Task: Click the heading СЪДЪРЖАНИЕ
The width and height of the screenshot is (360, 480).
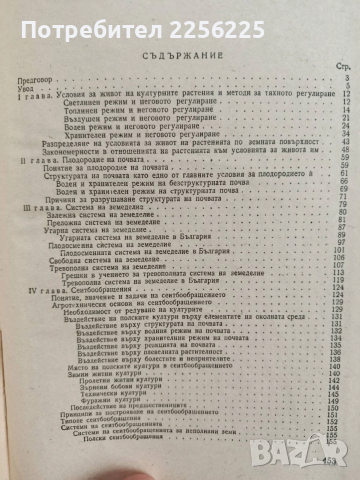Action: pyautogui.click(x=180, y=54)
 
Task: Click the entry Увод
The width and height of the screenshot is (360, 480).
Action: pyautogui.click(x=31, y=96)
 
